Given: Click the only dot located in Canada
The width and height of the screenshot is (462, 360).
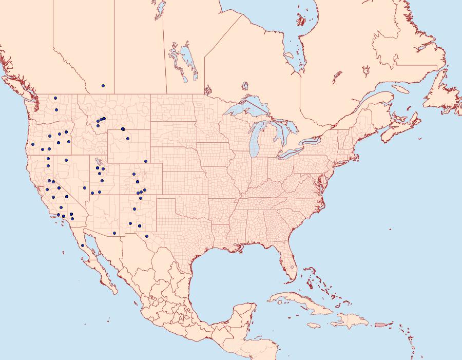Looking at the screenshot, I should click(x=103, y=86).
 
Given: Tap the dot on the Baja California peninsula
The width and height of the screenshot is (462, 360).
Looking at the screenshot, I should click(x=83, y=245).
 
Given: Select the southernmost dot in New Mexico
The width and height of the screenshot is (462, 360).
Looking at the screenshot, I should click(x=147, y=236).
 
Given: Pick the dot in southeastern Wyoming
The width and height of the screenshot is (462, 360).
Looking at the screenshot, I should click(x=146, y=161).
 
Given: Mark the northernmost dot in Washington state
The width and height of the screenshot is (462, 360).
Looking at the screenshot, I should click(x=56, y=98).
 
